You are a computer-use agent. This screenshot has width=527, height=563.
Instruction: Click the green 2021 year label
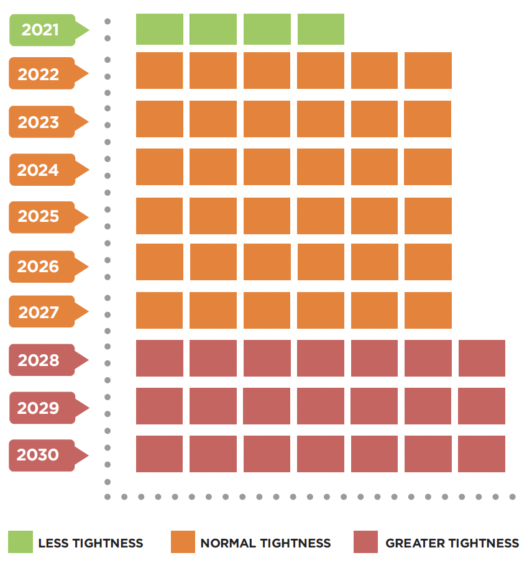coord(41,30)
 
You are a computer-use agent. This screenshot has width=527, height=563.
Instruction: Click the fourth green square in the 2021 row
coord(321,29)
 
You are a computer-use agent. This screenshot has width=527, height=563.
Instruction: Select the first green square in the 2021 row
coord(160,29)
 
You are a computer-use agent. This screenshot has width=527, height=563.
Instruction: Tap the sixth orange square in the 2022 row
coord(428,70)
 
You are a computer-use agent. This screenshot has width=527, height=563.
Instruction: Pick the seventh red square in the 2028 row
coord(482,358)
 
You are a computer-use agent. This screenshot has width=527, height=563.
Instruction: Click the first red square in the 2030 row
coord(160,454)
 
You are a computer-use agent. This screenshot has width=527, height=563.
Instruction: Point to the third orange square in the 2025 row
coord(267,216)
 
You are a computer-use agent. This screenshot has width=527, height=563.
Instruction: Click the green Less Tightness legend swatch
coord(21,542)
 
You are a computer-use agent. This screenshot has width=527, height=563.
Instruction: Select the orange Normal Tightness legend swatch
coord(183,542)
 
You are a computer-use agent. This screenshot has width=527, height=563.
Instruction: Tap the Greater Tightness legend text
coord(452,543)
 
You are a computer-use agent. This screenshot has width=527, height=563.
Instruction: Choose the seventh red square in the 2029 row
coord(482,406)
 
